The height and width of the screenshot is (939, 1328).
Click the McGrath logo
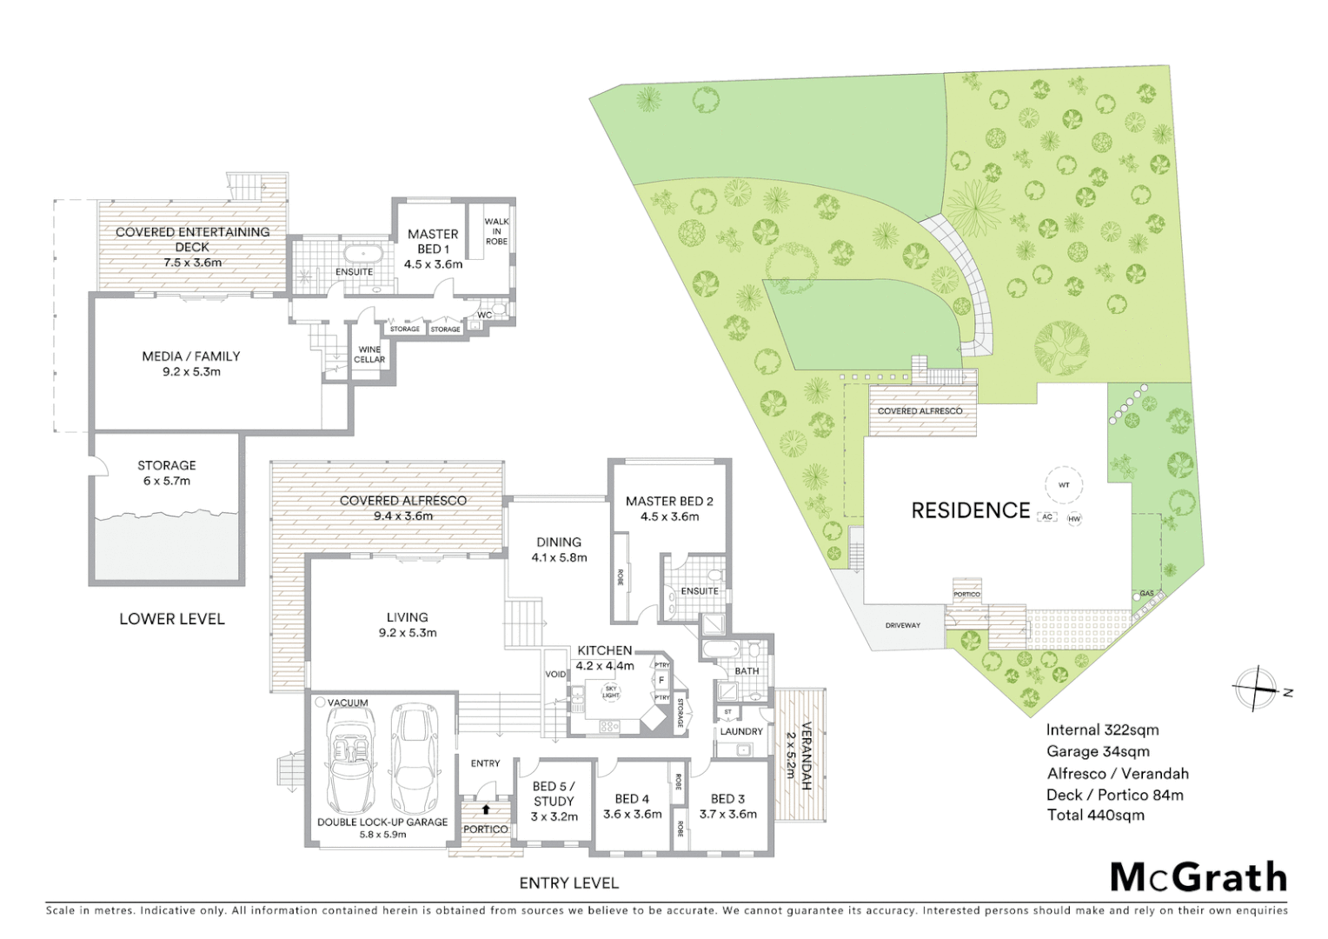coord(1199,877)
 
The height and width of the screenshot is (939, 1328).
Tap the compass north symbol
coord(1255,689)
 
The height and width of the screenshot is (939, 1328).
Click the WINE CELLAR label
coord(369,355)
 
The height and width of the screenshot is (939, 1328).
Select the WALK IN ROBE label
coord(496,231)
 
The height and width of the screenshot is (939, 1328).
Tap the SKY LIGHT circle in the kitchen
coord(611,692)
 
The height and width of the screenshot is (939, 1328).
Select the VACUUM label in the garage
coord(348,703)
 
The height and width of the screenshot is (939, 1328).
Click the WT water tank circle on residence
coord(1064,485)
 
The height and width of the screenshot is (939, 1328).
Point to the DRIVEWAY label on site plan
coord(902,625)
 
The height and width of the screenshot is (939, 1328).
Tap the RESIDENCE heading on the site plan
coord(970,510)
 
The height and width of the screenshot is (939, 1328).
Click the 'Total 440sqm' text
coord(1095,815)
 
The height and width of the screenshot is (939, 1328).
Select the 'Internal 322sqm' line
coord(1102,730)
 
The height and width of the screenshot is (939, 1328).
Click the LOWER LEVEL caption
coord(172,619)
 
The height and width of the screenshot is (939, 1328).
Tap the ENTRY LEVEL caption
coord(568,882)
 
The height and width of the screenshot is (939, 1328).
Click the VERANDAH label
coord(806,756)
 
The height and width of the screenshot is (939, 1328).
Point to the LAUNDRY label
coord(741,731)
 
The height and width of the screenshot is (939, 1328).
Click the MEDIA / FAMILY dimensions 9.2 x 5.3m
coord(191,371)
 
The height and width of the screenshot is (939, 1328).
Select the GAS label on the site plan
coord(1147,594)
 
